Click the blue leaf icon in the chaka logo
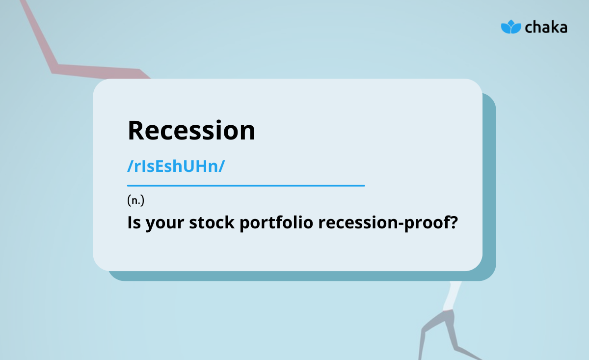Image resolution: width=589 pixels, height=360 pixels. (510, 27)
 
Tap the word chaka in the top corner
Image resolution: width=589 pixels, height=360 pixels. (546, 27)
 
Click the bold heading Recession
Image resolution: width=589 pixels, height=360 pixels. (191, 131)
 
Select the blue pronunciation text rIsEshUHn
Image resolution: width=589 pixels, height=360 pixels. (176, 166)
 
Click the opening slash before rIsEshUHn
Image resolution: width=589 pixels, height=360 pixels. (130, 166)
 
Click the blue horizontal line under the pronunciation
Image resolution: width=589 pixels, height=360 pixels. (245, 186)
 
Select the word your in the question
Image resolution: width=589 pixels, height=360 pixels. (161, 223)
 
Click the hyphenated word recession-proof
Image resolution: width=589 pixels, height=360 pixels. (383, 223)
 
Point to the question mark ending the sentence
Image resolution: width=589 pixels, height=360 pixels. (454, 222)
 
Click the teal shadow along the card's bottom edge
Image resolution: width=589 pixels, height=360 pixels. (294, 276)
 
